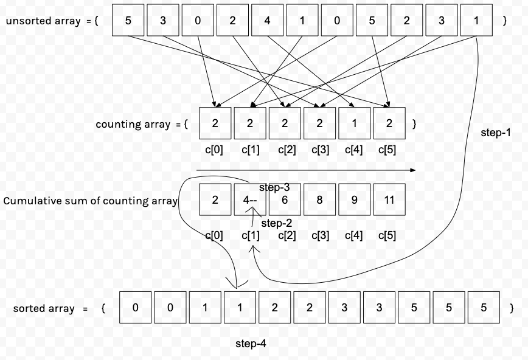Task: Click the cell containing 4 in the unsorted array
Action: tap(268, 20)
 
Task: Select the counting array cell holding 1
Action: tap(355, 123)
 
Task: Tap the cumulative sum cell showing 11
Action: tap(389, 199)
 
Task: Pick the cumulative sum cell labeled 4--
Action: tap(250, 199)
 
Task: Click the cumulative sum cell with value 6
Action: tap(285, 199)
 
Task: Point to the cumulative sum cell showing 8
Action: tap(320, 199)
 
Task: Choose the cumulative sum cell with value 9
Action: tap(355, 199)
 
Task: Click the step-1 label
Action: tap(496, 133)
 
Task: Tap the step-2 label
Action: tap(276, 223)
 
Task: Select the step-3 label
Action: tap(274, 187)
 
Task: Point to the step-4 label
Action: tap(251, 344)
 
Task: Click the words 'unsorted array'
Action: tap(43, 21)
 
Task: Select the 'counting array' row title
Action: tap(133, 124)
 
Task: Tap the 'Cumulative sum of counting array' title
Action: tap(91, 201)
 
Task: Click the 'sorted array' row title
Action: tap(44, 308)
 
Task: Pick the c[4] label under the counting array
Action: tap(353, 150)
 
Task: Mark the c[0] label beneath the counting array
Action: tap(215, 150)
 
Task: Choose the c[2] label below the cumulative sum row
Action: tap(287, 235)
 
